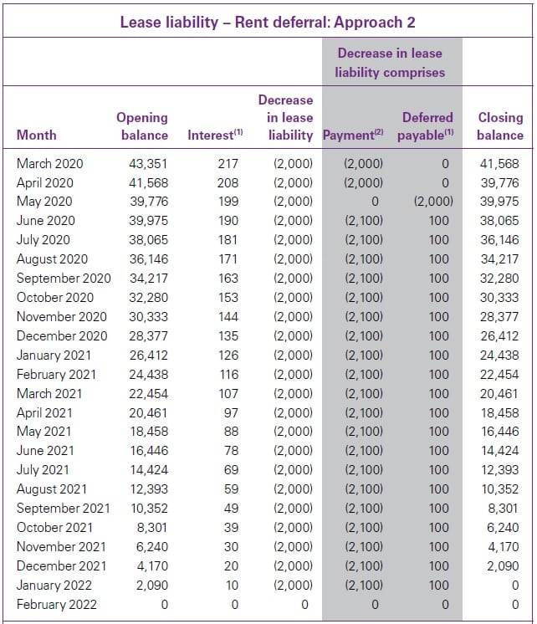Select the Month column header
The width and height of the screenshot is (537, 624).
[37, 135]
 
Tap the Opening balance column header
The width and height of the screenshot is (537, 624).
[142, 126]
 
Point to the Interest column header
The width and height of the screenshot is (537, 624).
[215, 135]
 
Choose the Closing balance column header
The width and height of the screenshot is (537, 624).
[500, 126]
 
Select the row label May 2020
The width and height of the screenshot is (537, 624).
[44, 202]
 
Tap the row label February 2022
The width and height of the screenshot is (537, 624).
[56, 605]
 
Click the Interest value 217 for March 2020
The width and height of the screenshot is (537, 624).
[227, 164]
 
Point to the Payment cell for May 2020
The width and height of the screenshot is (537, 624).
[374, 202]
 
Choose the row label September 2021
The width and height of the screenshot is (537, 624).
[63, 509]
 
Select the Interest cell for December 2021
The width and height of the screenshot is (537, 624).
[230, 566]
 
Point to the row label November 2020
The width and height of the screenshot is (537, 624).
[62, 317]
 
